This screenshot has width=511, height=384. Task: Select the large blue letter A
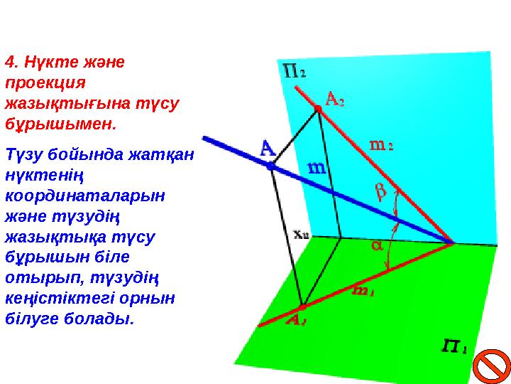[x=267, y=149]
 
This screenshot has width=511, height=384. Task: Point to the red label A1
[x=296, y=321]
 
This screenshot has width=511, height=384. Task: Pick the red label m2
[x=381, y=144]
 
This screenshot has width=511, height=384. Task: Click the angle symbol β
[x=380, y=193]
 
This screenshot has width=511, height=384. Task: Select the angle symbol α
[x=376, y=246]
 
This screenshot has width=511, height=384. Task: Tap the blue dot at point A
[x=270, y=166]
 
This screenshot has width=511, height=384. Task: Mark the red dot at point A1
[x=302, y=307]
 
